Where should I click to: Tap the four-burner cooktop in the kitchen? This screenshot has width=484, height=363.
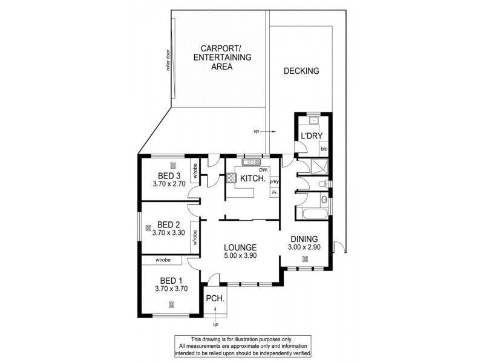coord(231,178)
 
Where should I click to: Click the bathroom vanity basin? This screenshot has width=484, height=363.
coord(324,199)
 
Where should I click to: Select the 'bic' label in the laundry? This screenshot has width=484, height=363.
coord(324,148)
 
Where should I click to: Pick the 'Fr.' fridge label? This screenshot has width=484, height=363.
coord(274,192)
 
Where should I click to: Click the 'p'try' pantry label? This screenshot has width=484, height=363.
coord(274,181)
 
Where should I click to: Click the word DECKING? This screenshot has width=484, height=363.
coord(301,71)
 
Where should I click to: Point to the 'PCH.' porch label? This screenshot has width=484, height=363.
coord(215,298)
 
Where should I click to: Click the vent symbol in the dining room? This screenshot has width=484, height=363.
coord(305,260)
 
